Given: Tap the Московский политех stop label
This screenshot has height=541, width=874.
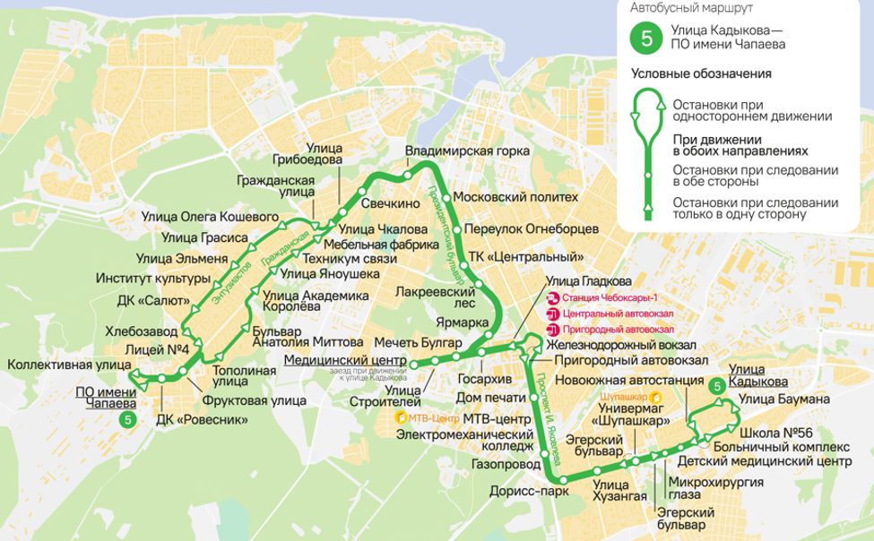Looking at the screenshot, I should coord(515,197).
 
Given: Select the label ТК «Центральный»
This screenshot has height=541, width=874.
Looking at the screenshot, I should coord(532,257).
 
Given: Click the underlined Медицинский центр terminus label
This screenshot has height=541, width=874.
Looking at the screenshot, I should coord(345,360).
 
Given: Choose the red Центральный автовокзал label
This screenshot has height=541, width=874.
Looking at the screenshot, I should coord(618,313).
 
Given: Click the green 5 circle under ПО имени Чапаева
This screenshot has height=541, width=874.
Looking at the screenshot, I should coord(129,418).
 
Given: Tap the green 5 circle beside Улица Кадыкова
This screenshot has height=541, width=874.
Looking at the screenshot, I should coord(716,386).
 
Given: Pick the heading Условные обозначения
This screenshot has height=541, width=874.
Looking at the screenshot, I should coord(701,73).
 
